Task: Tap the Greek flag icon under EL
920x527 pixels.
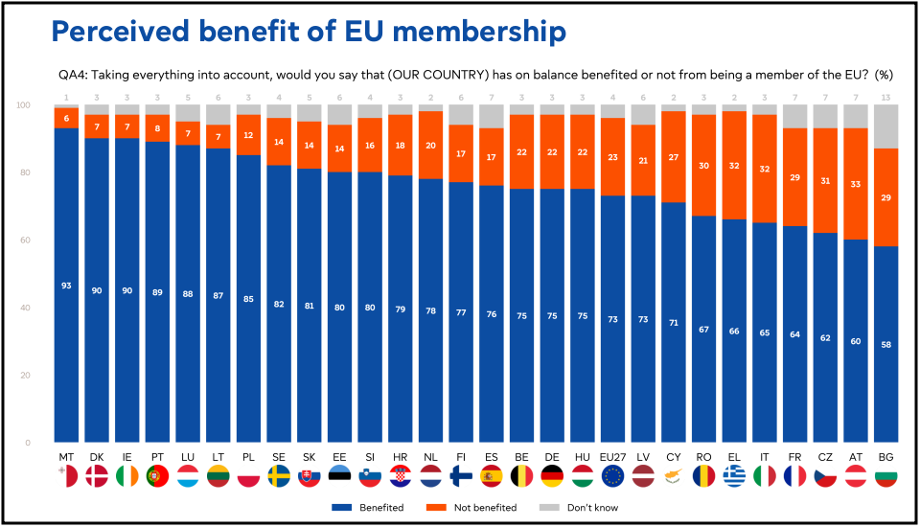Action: coord(735,476)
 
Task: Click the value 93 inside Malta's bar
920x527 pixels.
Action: coord(66,286)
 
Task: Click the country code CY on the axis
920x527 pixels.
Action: coord(673,457)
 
